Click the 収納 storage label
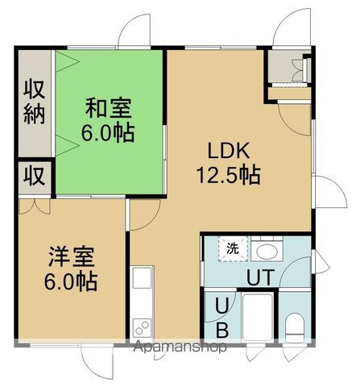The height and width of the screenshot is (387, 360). click(x=33, y=102)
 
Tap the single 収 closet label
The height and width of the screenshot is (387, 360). click(x=33, y=174)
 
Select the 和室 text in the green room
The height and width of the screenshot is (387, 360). click(x=108, y=108)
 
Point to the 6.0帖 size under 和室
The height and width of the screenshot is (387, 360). click(x=108, y=132)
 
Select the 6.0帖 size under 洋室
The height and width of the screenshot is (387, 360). click(x=71, y=282)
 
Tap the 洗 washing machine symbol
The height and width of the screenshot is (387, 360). click(x=233, y=247)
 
